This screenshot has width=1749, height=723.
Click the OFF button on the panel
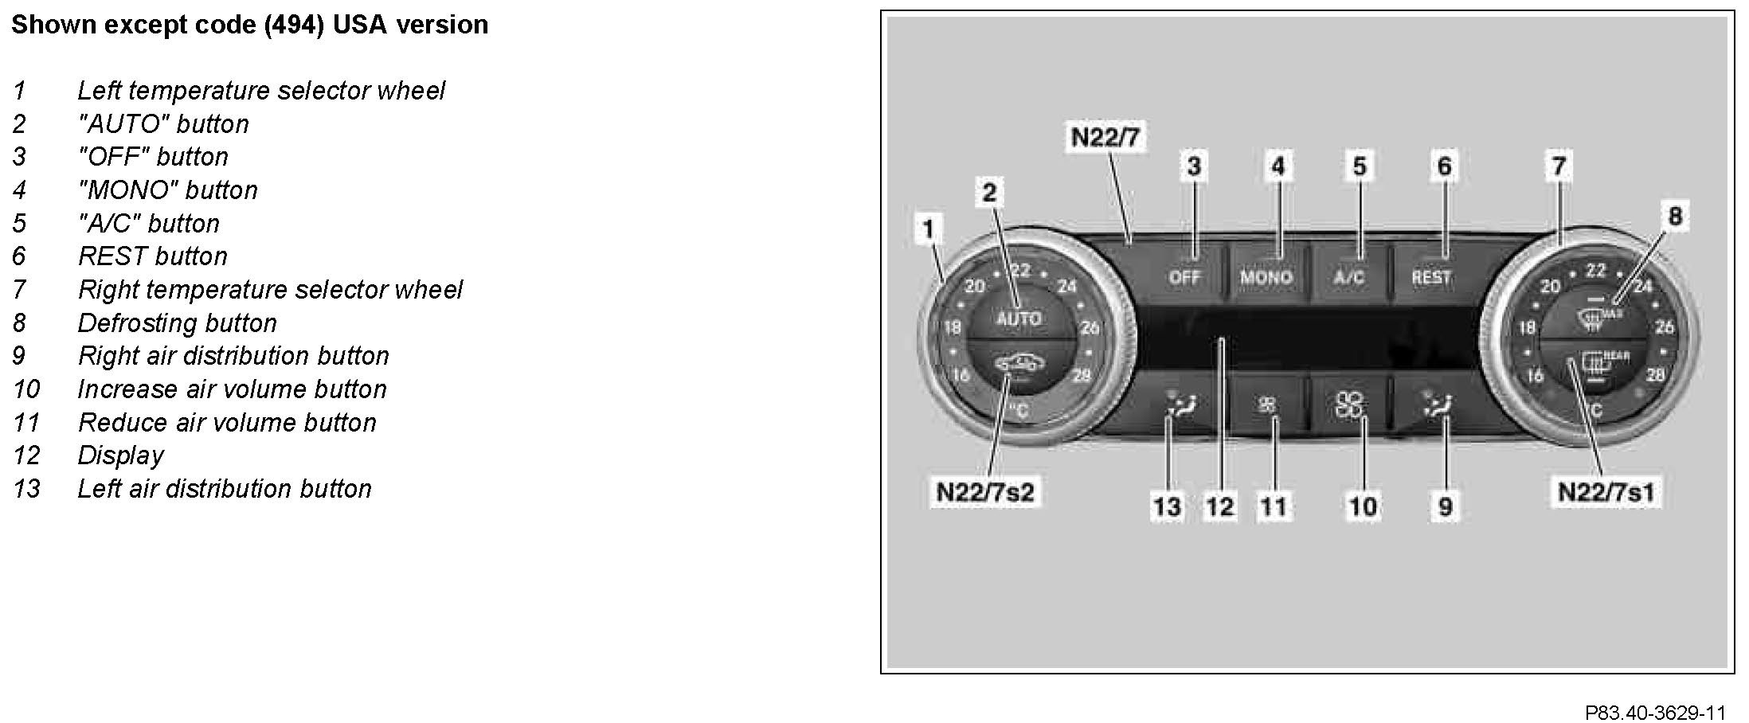coord(1184,277)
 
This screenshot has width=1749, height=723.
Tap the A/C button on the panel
coord(1349,277)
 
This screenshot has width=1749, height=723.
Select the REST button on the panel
coord(1431,277)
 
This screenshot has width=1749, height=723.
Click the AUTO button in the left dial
coord(1019,319)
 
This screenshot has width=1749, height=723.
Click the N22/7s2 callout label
coord(984,491)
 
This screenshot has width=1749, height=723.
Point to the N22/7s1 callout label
coord(1606,491)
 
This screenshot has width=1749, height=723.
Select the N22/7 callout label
coord(1105,137)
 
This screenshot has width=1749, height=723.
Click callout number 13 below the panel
coord(1168,506)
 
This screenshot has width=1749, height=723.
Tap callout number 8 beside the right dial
coord(1675,215)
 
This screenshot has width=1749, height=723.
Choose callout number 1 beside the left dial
coord(928,229)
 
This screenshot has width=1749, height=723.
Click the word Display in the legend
coord(120,455)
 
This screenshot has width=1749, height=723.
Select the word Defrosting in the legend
coord(141,322)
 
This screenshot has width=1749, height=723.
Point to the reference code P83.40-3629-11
coord(1655,712)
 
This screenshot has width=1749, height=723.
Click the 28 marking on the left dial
coord(1081,375)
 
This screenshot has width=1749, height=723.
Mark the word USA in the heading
coord(359,25)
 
